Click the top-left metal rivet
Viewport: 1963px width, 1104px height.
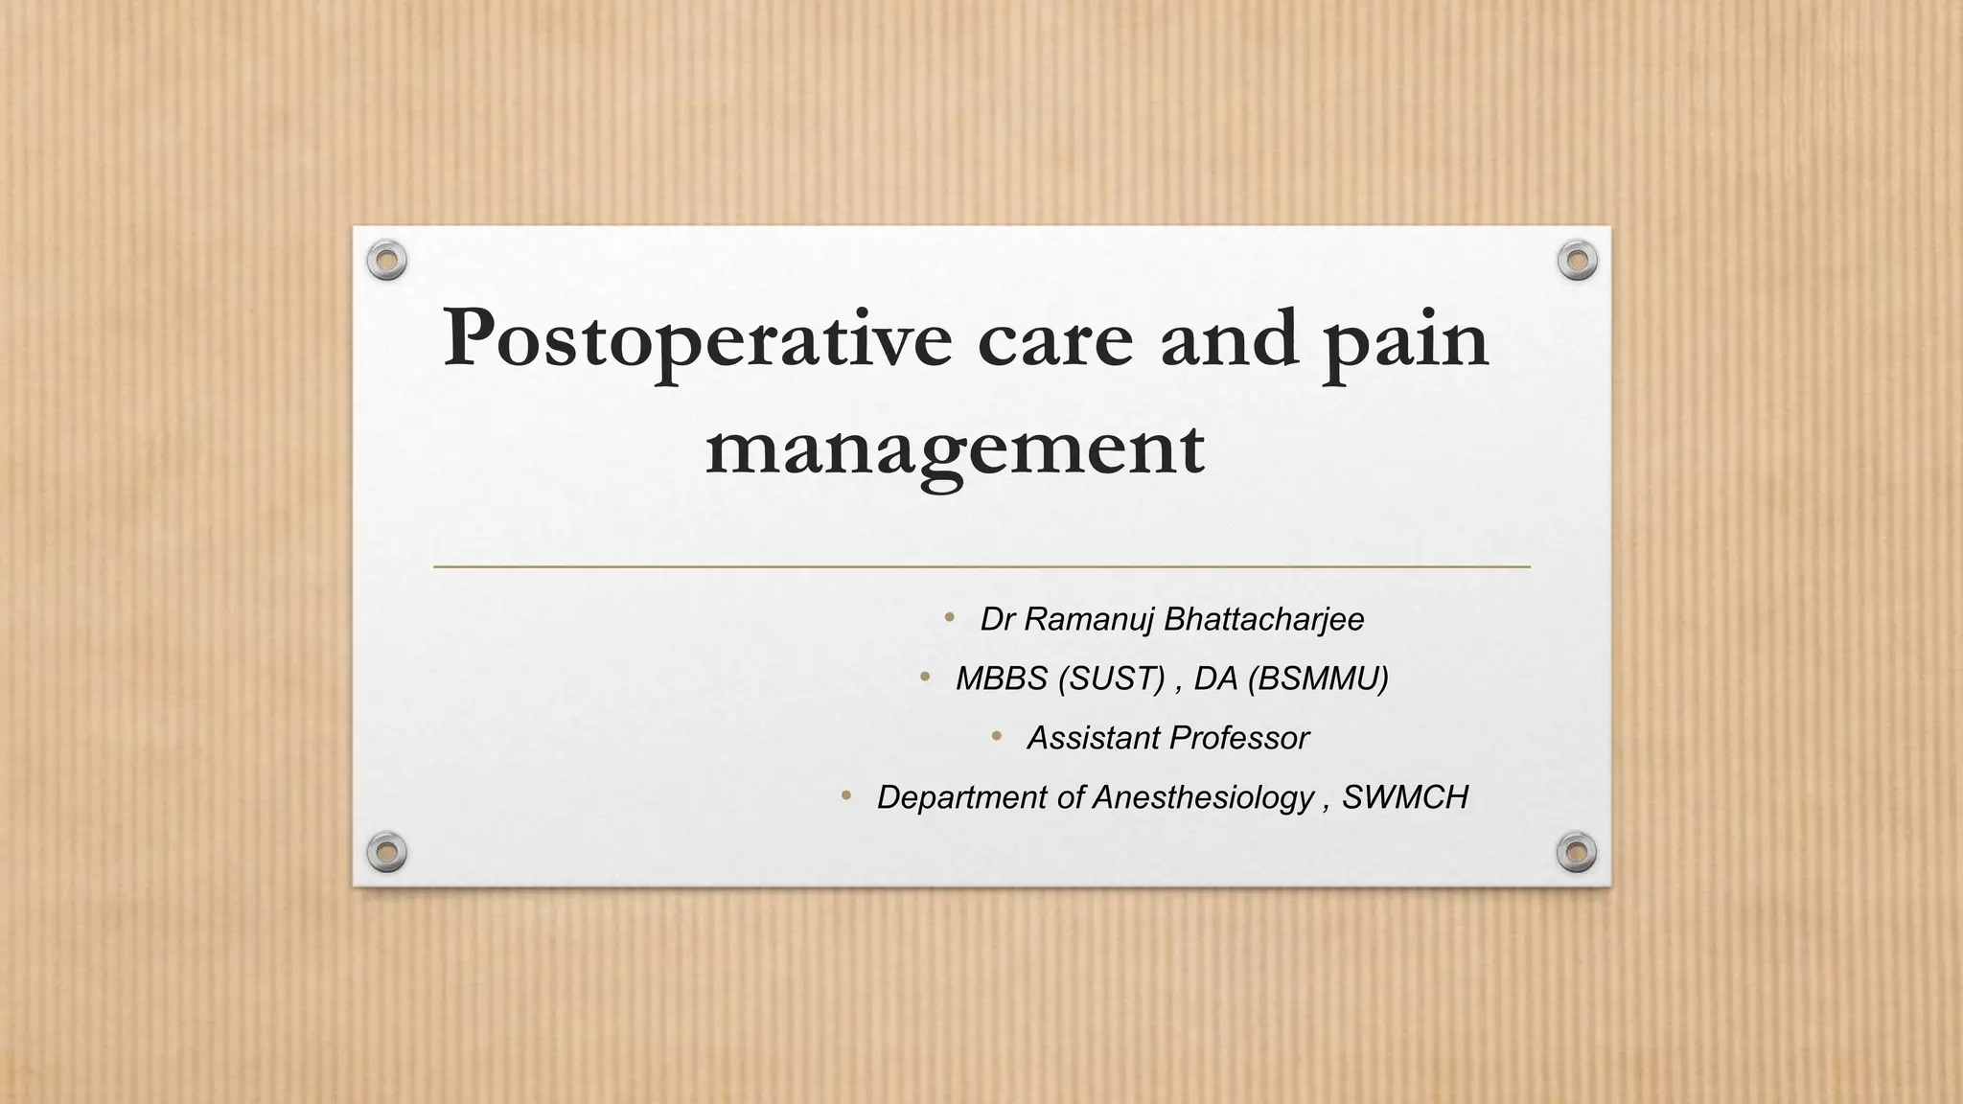tap(387, 260)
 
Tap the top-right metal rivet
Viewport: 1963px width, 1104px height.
tap(1577, 260)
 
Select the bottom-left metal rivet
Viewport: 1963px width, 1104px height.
tap(387, 851)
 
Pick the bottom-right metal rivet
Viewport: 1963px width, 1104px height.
tap(1577, 851)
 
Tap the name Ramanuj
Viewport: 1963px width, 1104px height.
tap(1074, 619)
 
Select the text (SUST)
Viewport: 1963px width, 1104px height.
tap(1112, 678)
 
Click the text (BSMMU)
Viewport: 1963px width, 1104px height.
tap(1318, 678)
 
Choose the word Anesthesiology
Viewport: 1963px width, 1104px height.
tap(1203, 797)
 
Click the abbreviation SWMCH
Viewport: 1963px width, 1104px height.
tap(1404, 797)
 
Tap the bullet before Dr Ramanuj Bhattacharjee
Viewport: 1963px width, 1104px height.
tap(949, 618)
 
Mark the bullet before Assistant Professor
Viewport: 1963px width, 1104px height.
tap(996, 737)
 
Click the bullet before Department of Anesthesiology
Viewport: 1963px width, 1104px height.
tap(845, 796)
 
